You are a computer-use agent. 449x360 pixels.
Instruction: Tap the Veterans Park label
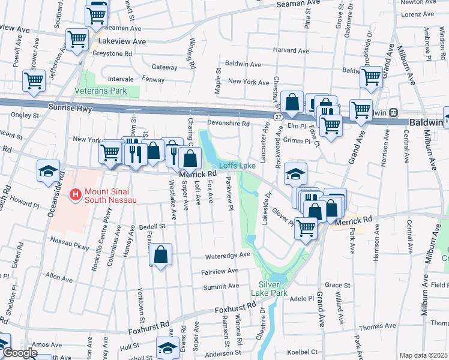(100, 91)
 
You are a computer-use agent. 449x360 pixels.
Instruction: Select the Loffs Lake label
(237, 165)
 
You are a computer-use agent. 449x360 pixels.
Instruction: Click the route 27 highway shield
(277, 116)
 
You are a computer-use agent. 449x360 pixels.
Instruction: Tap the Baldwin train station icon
(394, 112)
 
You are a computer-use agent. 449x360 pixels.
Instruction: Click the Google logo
(20, 353)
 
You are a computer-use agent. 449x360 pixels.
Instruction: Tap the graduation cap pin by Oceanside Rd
(48, 171)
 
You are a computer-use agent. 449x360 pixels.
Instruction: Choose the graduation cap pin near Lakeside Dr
(295, 173)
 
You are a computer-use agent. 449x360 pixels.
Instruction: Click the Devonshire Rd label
(228, 124)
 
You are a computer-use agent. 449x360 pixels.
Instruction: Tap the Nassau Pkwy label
(70, 247)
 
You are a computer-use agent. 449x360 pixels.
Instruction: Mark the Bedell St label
(152, 227)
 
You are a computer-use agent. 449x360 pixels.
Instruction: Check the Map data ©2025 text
(423, 355)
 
